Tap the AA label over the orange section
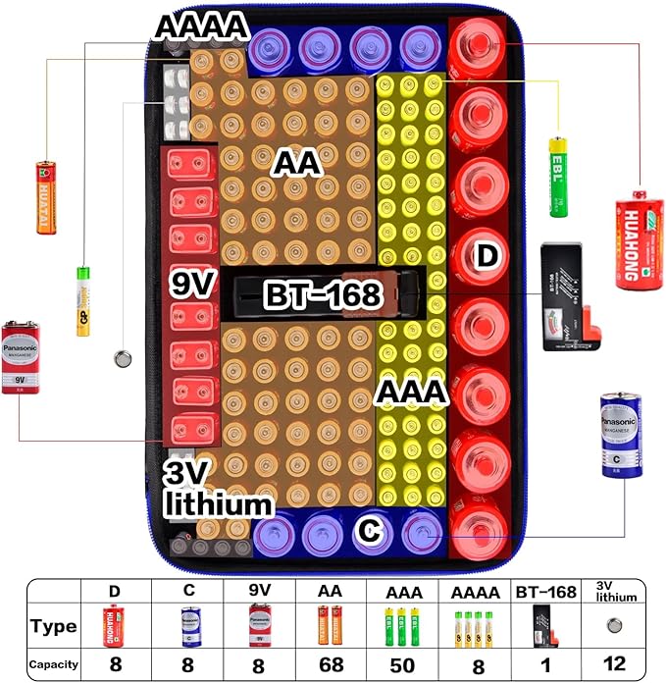tap(296, 163)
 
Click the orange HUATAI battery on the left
tap(46, 197)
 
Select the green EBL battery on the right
tap(557, 178)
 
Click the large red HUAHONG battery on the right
tap(639, 239)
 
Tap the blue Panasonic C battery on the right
tap(620, 435)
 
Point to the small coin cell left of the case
tap(124, 359)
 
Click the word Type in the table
tap(53, 626)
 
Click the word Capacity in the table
tap(53, 665)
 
